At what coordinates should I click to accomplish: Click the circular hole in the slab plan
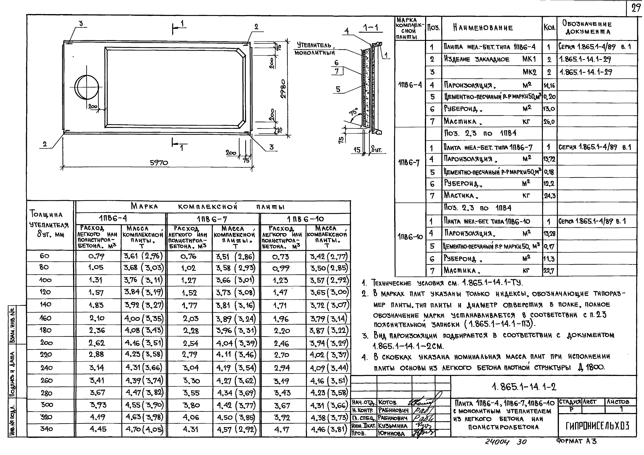[x=87, y=87]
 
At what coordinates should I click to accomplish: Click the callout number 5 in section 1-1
[x=338, y=89]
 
